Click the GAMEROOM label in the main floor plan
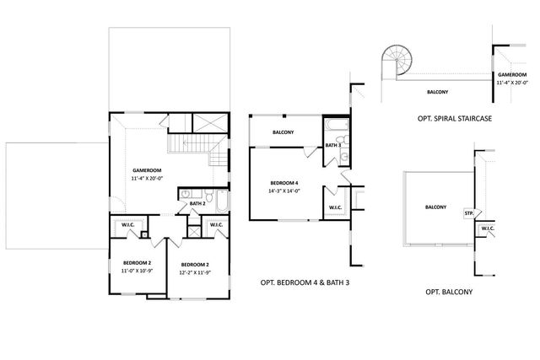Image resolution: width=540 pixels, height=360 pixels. (x=147, y=169)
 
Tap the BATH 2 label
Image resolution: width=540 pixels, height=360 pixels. (x=197, y=203)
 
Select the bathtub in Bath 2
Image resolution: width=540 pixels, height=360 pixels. (x=219, y=201)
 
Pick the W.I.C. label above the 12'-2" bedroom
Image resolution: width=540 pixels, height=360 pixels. (x=216, y=224)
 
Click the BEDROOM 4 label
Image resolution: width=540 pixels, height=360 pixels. (x=284, y=183)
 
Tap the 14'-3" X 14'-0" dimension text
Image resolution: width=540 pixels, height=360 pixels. (x=284, y=191)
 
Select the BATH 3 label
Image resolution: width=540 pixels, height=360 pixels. (x=332, y=146)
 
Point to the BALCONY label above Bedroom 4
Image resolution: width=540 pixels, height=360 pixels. (x=283, y=132)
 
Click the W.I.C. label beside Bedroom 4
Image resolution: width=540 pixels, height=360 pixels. (x=334, y=207)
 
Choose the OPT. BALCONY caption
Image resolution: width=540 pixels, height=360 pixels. (x=448, y=292)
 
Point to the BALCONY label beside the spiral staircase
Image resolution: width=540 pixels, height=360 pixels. (x=436, y=91)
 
